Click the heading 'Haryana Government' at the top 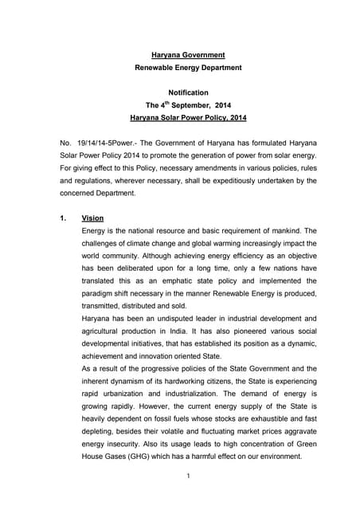pos(188,55)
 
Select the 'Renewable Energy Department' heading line pos(188,68)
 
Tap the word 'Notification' pos(188,92)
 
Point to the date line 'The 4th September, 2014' pos(188,105)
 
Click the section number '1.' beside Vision pos(64,218)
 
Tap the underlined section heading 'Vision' pos(92,218)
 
